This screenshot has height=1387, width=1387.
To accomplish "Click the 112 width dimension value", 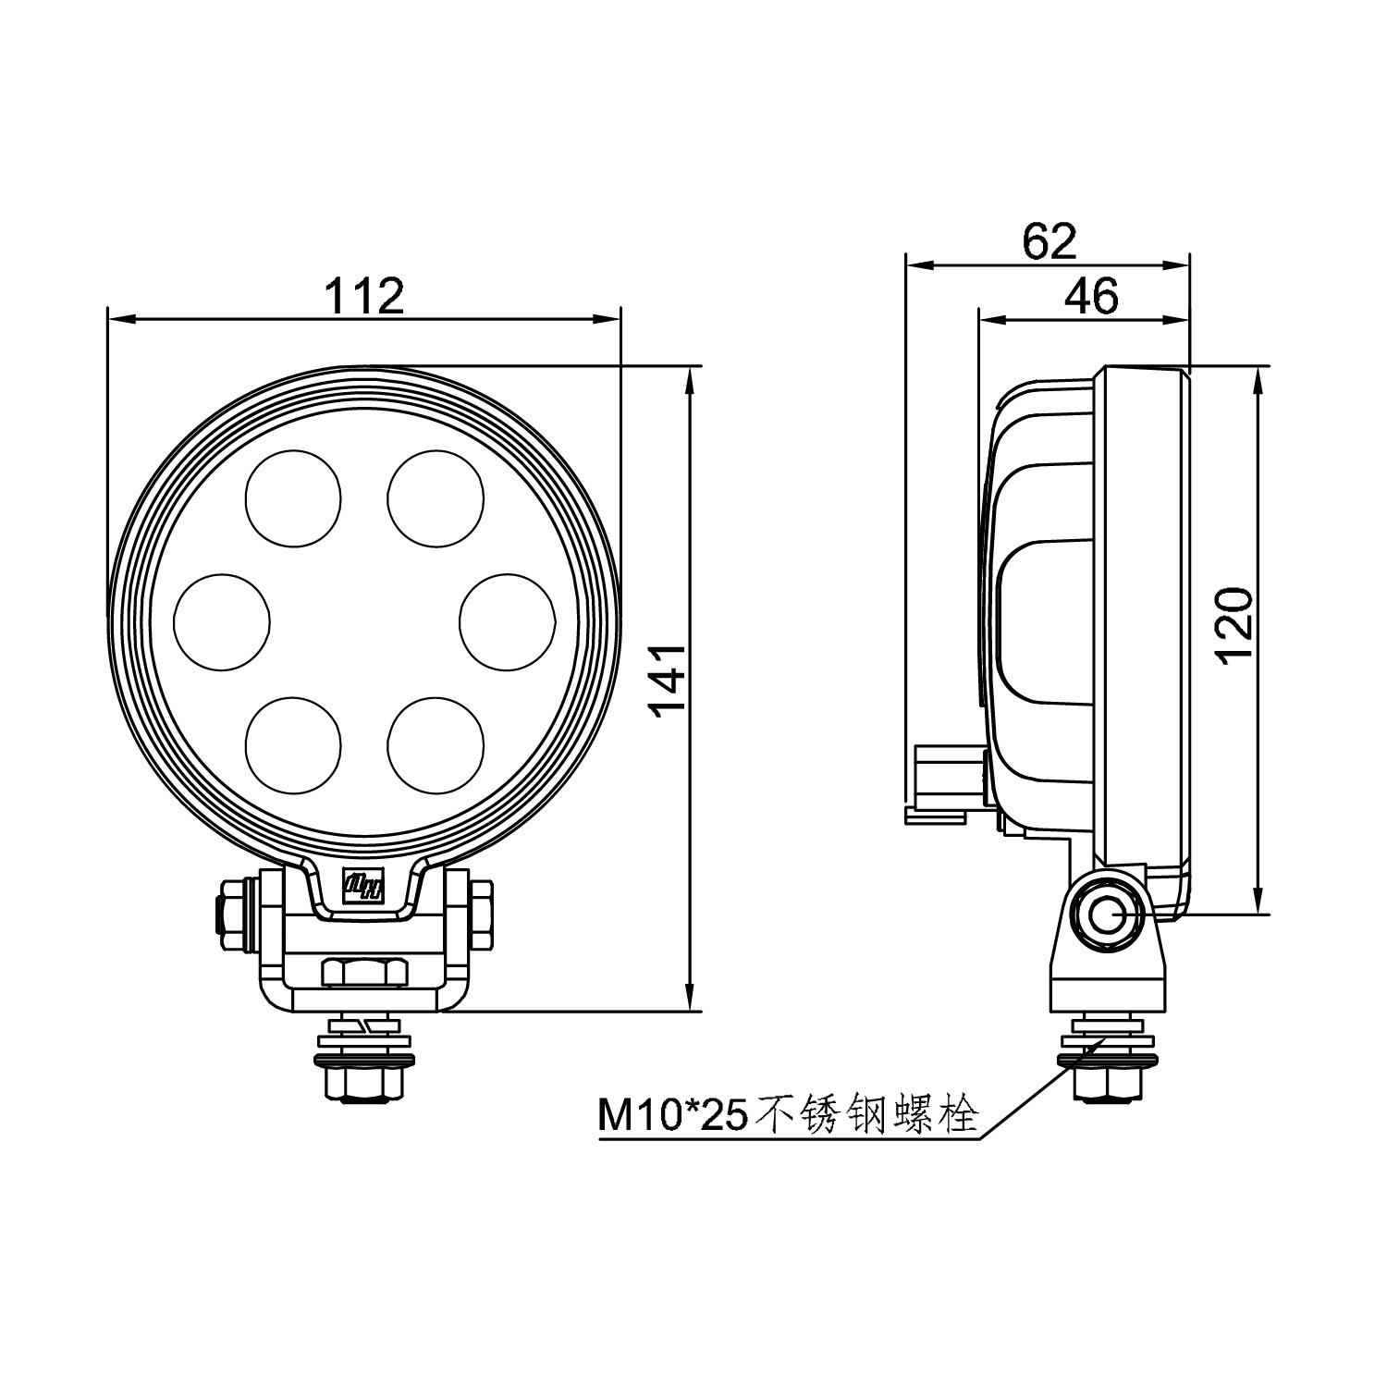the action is coord(364,297).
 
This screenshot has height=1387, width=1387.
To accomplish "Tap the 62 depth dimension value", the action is coord(1049,241).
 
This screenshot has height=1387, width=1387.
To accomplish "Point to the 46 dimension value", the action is coord(1091,296).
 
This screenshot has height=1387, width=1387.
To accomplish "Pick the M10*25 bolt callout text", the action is coord(788,1116).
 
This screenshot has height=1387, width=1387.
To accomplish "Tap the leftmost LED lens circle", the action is coord(222,620).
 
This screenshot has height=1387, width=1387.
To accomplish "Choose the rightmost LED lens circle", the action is coord(508,620).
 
